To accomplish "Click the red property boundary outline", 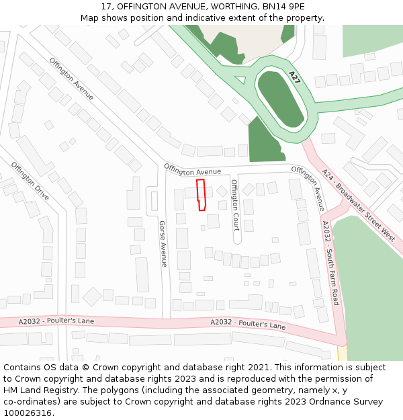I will (201, 195).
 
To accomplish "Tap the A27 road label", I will (294, 77).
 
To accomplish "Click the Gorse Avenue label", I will (163, 244).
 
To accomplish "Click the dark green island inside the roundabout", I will (281, 99).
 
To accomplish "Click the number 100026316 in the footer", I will (27, 413).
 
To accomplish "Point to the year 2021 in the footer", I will (259, 368).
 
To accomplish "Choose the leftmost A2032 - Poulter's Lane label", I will (47, 321).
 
